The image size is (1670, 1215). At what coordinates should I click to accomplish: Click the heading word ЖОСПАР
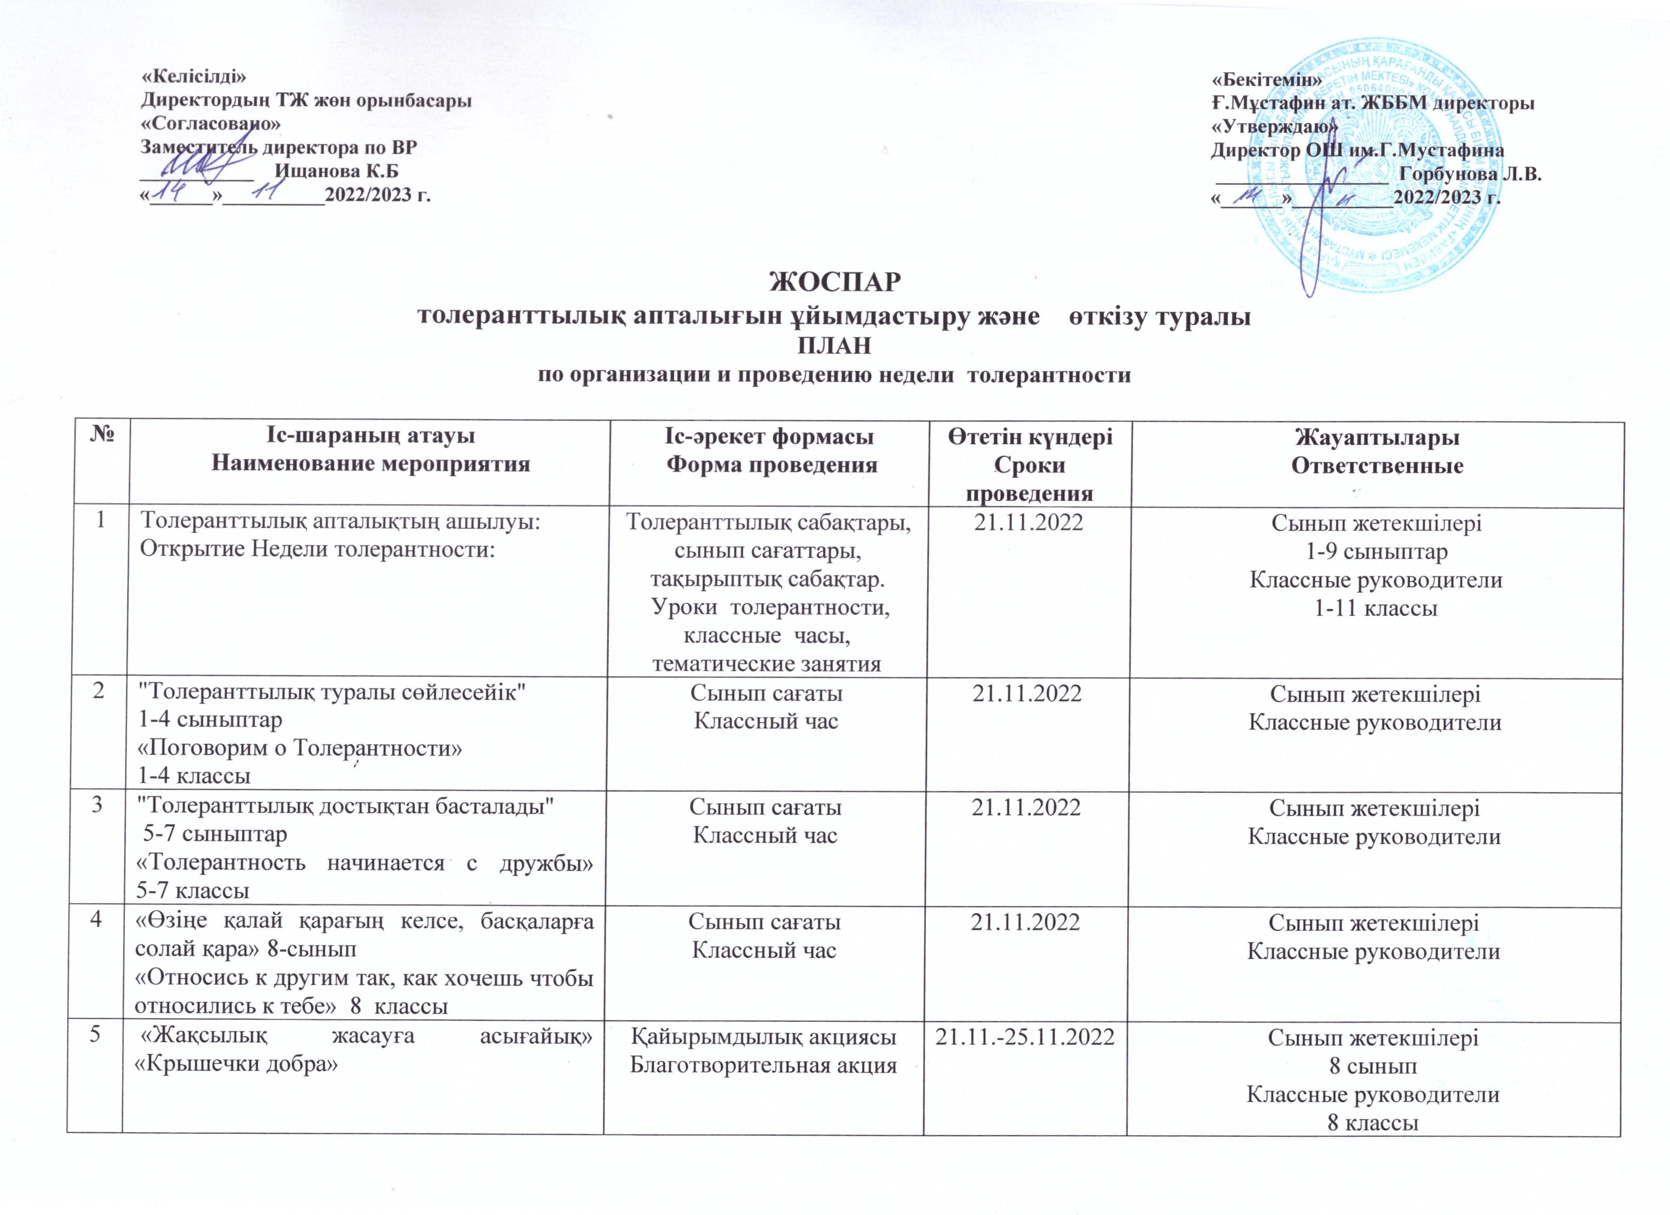coord(834,282)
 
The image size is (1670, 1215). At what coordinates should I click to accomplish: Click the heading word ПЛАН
coord(834,346)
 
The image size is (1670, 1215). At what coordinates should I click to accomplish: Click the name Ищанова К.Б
coord(336,172)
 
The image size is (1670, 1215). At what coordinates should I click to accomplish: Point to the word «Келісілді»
coord(193,76)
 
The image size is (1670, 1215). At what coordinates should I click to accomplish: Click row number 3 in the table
coord(97,806)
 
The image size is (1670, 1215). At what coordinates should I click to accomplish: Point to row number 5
coord(95,1036)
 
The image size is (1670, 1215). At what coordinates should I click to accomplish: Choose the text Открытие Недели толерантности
coord(317,551)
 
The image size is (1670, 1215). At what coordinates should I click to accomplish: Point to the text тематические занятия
coord(767,664)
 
